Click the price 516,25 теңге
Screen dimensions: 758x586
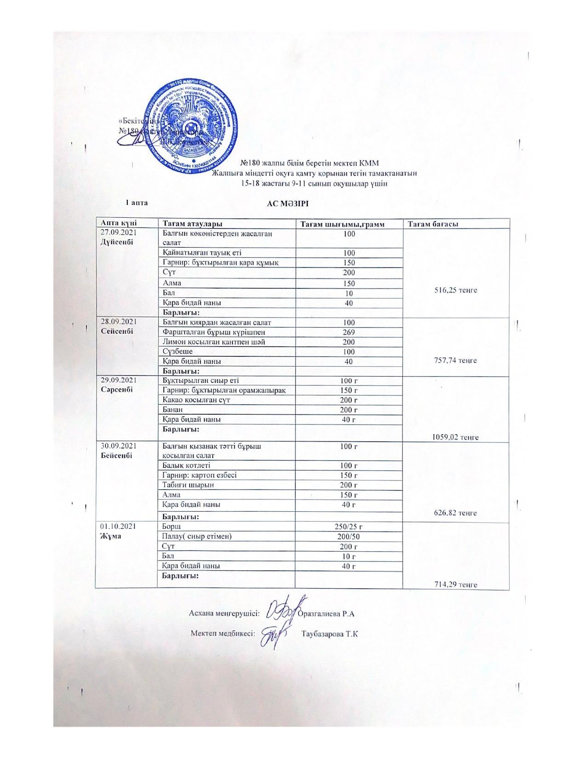click(x=455, y=290)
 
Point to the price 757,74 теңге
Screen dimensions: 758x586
click(x=455, y=360)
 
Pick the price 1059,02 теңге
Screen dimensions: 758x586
click(x=455, y=437)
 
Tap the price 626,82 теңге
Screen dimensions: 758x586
click(x=455, y=513)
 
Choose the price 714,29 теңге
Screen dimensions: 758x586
click(x=455, y=584)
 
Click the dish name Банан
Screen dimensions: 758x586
click(x=173, y=409)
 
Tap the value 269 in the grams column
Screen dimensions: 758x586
click(x=349, y=332)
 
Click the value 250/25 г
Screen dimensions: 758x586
click(x=349, y=527)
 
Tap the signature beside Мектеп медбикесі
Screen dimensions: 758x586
click(x=273, y=634)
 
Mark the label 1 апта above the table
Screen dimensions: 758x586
click(x=137, y=203)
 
